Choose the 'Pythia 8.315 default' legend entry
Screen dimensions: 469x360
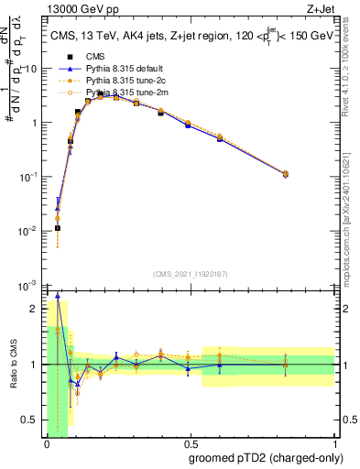coord(124,68)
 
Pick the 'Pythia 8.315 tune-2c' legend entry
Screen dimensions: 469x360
coord(124,80)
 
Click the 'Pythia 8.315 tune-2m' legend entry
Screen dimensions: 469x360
coord(124,92)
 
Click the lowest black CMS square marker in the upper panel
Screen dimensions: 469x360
coord(57,228)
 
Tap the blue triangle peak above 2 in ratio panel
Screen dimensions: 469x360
coord(59,296)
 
